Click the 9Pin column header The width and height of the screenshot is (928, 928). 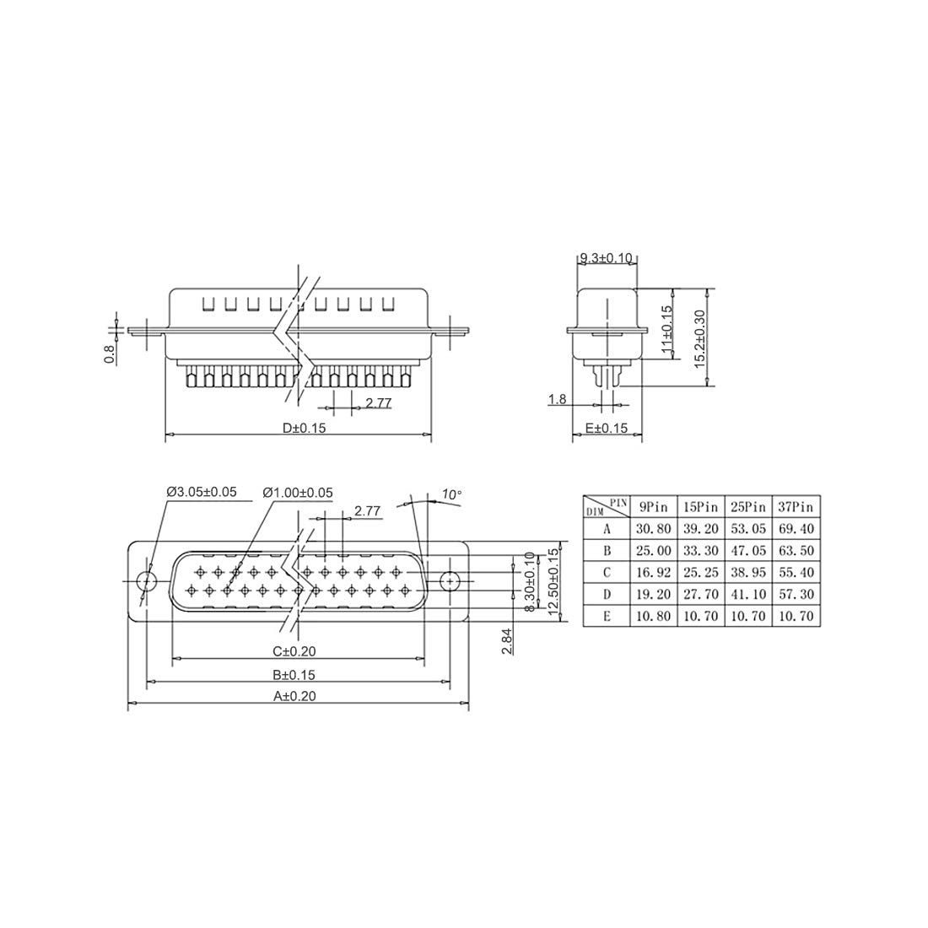(x=653, y=507)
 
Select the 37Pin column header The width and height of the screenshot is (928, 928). (x=796, y=507)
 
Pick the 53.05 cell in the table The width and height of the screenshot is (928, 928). (x=748, y=528)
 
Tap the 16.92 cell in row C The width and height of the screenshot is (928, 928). (x=653, y=572)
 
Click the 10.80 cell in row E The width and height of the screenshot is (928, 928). (x=653, y=616)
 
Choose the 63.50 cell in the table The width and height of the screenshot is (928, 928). (x=796, y=550)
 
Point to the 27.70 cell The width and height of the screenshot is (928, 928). (x=701, y=594)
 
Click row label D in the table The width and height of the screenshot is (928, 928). (x=607, y=594)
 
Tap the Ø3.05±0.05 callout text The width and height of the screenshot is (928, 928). (x=202, y=491)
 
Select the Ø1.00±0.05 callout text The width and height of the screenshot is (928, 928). (x=298, y=493)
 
